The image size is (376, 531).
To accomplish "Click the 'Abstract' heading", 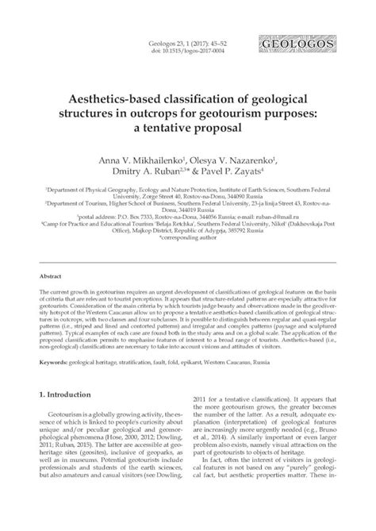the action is pos(51,276).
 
